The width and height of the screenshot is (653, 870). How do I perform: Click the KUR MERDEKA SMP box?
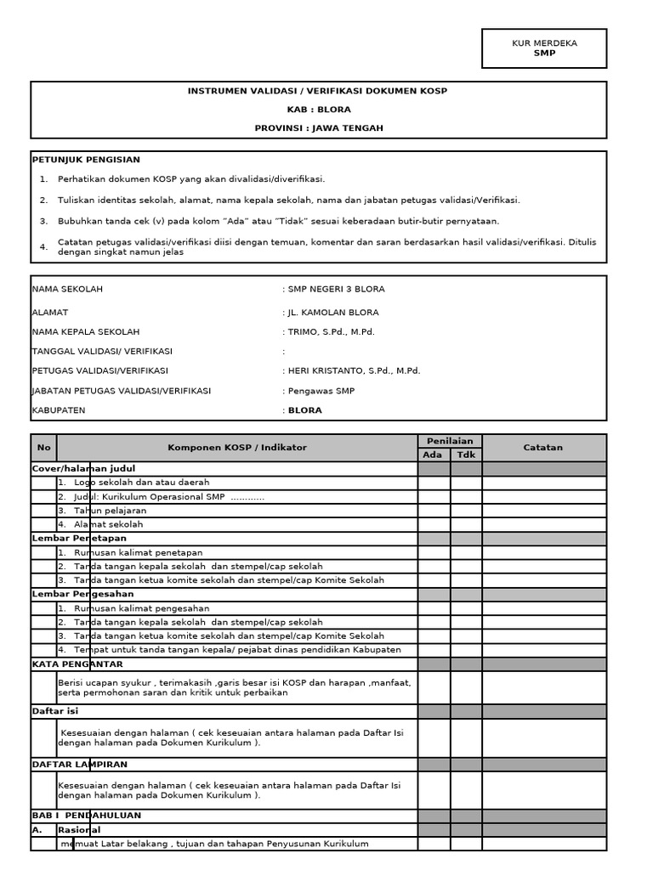point(544,48)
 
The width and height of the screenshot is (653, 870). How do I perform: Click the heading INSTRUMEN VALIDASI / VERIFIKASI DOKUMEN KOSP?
point(317,91)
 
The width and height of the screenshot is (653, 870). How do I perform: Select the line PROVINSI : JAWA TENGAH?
point(318,128)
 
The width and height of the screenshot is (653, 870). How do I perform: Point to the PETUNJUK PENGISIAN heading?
point(86,160)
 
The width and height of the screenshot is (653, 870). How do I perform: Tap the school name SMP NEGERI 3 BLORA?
point(336,289)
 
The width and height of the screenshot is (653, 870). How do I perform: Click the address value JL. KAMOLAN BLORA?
point(333,313)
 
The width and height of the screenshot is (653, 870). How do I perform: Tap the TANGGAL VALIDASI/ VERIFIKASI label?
point(102,352)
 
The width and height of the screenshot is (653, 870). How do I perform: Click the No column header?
point(44,448)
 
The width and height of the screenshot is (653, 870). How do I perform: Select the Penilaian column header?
point(450,441)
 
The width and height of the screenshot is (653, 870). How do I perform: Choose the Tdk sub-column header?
point(466,455)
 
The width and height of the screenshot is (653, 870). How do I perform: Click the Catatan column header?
point(544,448)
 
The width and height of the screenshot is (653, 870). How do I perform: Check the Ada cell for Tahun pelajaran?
point(434,511)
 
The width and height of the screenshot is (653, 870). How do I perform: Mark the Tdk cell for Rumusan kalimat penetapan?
point(466,552)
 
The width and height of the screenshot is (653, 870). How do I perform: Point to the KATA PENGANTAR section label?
point(77,664)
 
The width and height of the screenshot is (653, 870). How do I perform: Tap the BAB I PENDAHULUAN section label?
point(87,815)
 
